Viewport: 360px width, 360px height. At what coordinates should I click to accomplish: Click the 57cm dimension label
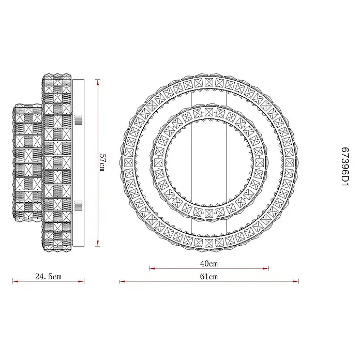click(x=102, y=162)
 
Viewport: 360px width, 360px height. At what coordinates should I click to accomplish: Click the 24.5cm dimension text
click(x=49, y=276)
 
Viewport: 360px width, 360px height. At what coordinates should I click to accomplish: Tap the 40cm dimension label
click(x=208, y=264)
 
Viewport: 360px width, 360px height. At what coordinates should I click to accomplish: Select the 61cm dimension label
click(x=208, y=276)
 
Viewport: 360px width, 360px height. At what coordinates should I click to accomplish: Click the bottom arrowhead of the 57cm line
click(x=98, y=243)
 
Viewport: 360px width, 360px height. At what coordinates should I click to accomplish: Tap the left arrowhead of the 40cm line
click(x=152, y=268)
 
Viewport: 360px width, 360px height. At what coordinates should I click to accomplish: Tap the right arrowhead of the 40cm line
click(x=266, y=268)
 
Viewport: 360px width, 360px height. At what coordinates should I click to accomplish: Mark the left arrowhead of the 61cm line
click(x=122, y=281)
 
